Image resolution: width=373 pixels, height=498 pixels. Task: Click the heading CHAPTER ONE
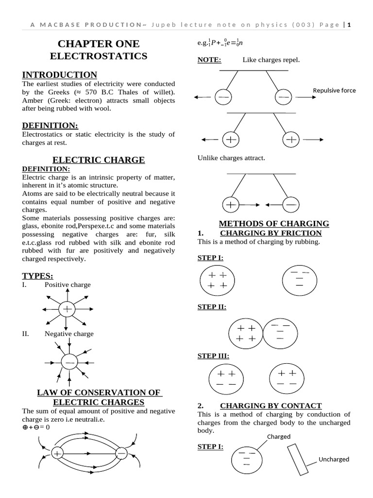(99, 44)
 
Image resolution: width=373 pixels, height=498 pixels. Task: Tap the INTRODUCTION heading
(60, 74)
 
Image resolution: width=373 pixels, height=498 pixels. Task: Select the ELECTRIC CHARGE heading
(99, 160)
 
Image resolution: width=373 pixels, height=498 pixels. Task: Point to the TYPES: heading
(38, 276)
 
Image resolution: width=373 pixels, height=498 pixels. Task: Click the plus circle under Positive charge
(67, 309)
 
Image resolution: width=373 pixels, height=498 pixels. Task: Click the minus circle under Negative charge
(69, 363)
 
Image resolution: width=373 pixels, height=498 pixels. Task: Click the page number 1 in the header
(349, 25)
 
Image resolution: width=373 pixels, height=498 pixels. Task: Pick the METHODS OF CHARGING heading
(274, 224)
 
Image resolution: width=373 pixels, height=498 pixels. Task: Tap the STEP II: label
(212, 307)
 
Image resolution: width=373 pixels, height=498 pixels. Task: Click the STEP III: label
(213, 356)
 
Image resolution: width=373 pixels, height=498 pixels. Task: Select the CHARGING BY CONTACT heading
(271, 406)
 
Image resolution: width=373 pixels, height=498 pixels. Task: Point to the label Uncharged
(334, 459)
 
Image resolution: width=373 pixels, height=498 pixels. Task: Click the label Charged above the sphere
(279, 437)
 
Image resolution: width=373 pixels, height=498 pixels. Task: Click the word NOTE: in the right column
(209, 60)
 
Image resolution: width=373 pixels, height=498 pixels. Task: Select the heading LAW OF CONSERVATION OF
(99, 392)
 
